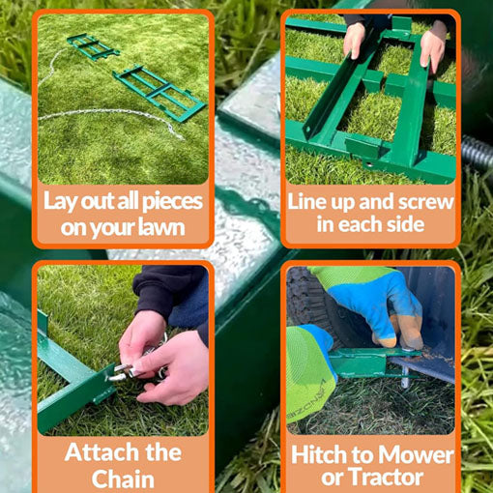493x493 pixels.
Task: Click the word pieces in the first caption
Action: [x=172, y=202]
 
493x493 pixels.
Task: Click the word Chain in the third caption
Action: [x=123, y=478]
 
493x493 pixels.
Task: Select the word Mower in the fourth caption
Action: [x=416, y=454]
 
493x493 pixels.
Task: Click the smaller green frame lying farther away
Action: [x=93, y=47]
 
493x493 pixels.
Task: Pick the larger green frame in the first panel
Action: [x=159, y=92]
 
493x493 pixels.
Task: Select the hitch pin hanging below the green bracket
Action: [x=405, y=376]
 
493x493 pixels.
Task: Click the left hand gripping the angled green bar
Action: [x=354, y=40]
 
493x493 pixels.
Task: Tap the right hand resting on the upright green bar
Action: [x=433, y=46]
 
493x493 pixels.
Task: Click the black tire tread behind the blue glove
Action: [x=306, y=297]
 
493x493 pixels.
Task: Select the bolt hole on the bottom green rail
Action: [x=369, y=164]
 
